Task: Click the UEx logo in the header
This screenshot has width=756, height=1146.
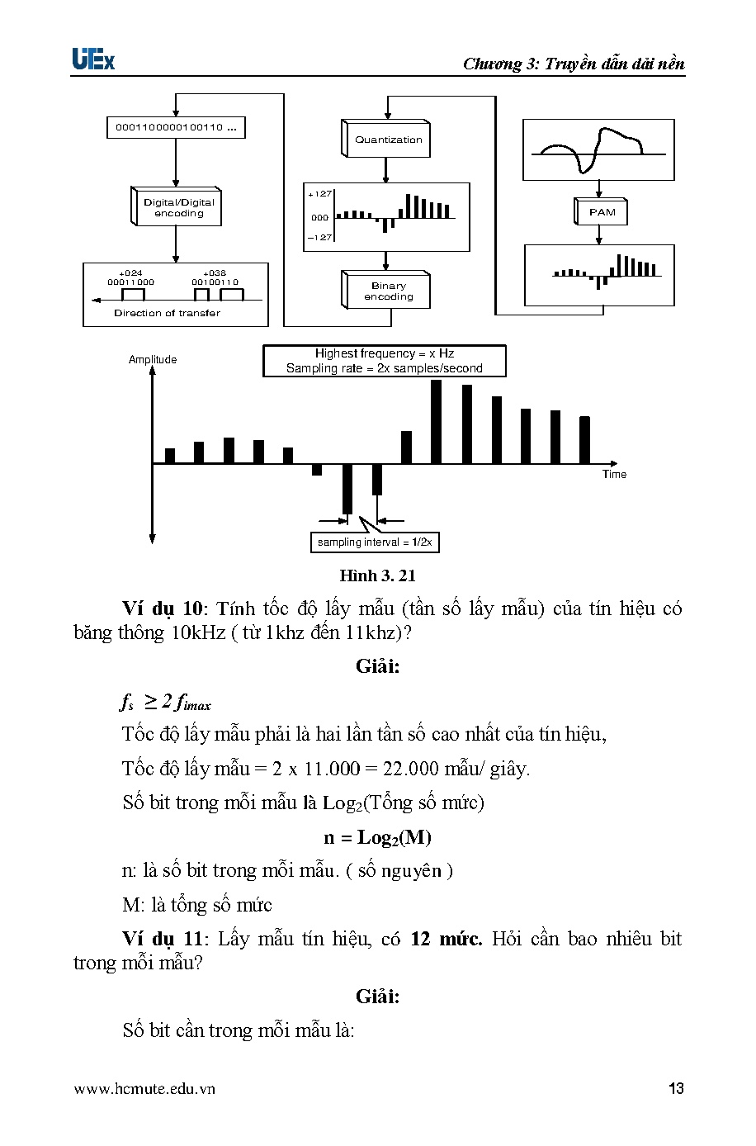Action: [x=92, y=60]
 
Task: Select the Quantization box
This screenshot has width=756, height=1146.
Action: [x=386, y=140]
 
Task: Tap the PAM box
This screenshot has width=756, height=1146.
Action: [x=602, y=212]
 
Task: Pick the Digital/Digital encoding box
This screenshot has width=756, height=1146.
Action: [x=178, y=207]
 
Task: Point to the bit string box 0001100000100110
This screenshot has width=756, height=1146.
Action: [x=176, y=128]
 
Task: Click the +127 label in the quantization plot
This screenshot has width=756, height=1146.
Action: [x=319, y=194]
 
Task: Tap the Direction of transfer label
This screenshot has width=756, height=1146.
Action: [x=167, y=313]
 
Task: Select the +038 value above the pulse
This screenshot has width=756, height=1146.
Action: [x=215, y=273]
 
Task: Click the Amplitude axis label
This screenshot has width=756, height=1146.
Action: [x=153, y=360]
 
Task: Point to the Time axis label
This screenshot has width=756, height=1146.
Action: [x=614, y=474]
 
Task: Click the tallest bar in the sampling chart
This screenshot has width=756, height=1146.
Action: [x=437, y=421]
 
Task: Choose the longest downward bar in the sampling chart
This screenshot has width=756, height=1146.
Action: [x=347, y=489]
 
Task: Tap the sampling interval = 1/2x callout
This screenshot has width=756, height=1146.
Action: [x=375, y=542]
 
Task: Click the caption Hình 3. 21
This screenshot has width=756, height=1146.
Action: [x=377, y=575]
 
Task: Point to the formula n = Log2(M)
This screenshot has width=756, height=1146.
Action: [x=377, y=837]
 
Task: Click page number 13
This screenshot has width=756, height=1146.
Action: [x=676, y=1088]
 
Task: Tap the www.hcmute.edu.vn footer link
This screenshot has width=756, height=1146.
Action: [x=144, y=1088]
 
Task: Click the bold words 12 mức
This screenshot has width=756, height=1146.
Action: [x=446, y=939]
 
